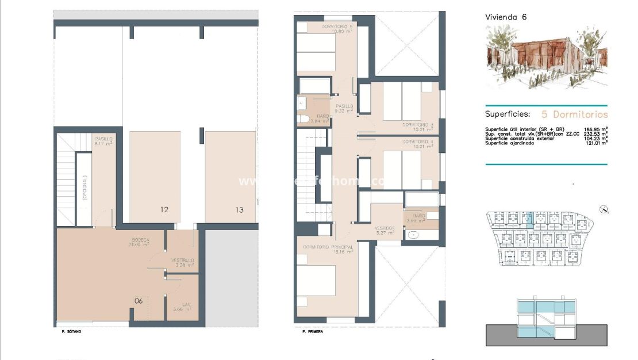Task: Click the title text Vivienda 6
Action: click(506, 17)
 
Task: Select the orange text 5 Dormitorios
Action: click(574, 114)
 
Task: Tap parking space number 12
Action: click(164, 210)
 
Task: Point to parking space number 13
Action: click(239, 210)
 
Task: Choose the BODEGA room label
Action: click(140, 240)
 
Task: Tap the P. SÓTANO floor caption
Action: click(71, 332)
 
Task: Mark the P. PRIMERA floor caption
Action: click(313, 332)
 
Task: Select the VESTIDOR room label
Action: click(385, 228)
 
